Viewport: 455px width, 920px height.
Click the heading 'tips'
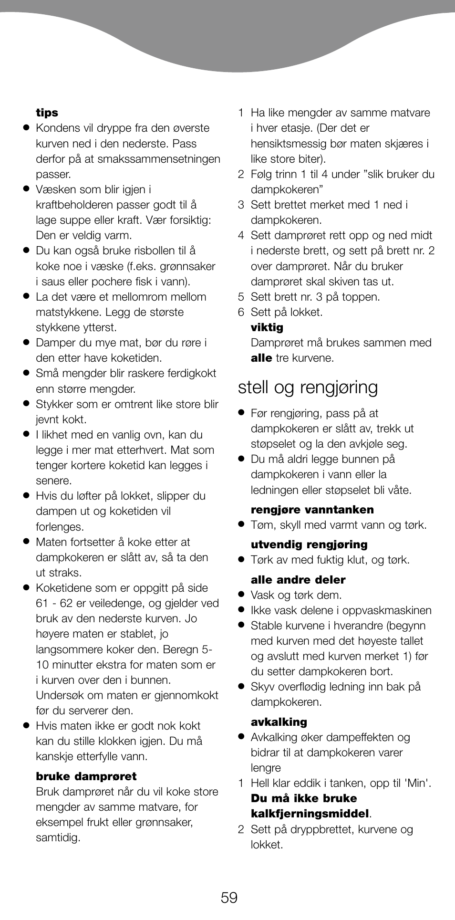47,113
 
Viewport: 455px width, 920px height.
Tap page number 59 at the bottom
229,898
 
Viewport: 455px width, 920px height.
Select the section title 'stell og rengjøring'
308,387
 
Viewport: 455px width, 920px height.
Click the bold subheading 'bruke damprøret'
86,776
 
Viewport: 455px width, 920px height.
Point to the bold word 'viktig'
267,327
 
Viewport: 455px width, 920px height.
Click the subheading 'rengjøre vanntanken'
312,510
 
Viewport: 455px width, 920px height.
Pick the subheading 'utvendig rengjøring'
309,544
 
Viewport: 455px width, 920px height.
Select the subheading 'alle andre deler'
298,580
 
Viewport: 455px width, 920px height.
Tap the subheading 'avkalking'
279,722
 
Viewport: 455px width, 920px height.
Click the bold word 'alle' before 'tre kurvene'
261,358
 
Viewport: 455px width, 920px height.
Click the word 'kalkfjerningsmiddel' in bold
310,814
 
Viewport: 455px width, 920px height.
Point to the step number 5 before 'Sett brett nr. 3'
241,297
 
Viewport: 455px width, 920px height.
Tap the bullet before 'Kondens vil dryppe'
27,128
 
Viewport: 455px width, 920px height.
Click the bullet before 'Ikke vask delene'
242,610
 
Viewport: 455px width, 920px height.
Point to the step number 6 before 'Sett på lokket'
241,312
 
